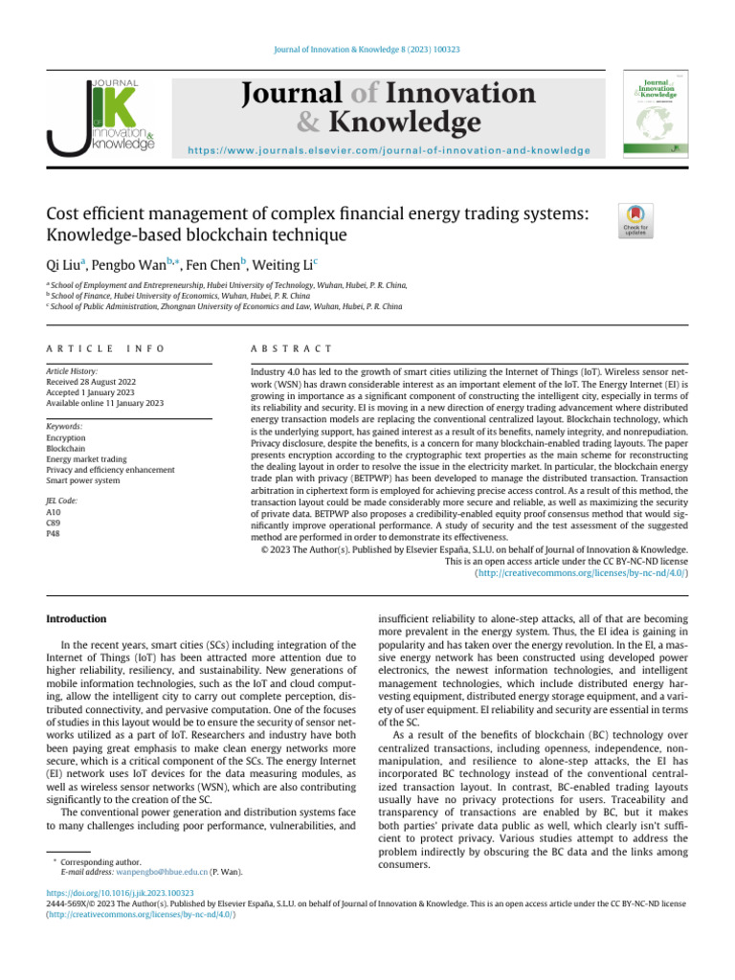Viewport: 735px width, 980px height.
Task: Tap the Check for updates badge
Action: point(634,222)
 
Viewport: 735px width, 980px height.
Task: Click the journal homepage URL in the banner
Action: point(389,150)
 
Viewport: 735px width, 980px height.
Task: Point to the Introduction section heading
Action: point(77,619)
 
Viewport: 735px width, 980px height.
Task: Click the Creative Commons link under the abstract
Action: point(580,573)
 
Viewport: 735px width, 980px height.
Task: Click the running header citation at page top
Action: point(367,50)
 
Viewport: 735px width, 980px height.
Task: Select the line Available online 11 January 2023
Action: point(105,404)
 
